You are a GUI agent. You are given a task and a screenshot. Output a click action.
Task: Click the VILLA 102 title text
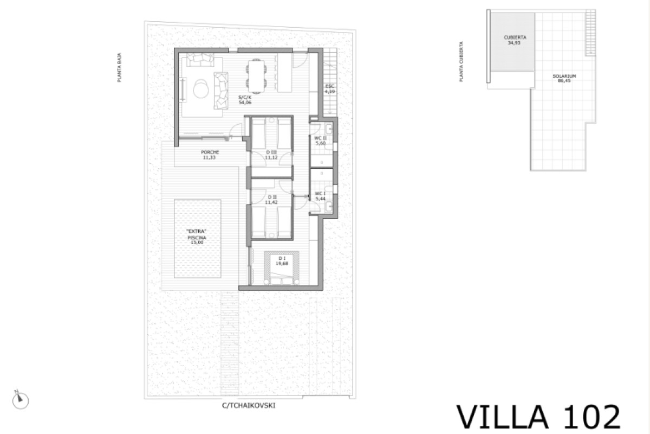click(538, 417)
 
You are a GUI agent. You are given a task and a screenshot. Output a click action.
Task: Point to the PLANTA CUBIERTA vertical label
click(460, 61)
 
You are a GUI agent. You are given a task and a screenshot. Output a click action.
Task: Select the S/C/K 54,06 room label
click(245, 100)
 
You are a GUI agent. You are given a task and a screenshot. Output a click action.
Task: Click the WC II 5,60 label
click(320, 141)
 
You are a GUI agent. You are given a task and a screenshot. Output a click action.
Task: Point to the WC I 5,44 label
click(320, 196)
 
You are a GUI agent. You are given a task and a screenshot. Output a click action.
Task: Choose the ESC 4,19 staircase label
click(329, 90)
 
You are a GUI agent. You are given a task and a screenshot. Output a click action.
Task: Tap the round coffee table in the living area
click(200, 88)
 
